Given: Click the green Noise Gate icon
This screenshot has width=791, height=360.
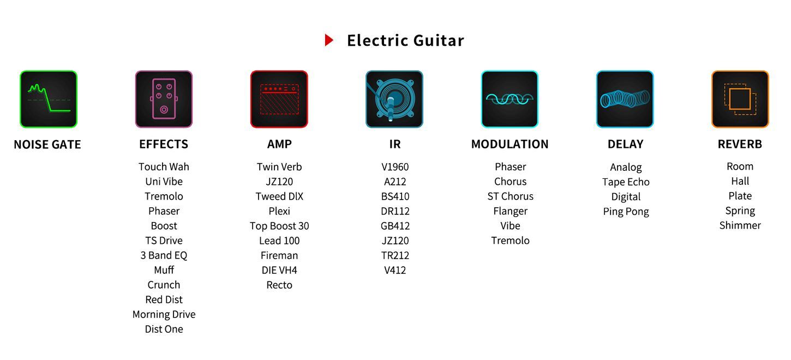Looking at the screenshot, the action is click(49, 99).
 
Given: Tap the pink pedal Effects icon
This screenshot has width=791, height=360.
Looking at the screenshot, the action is click(164, 99).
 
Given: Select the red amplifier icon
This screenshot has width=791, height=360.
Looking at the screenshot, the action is click(279, 99).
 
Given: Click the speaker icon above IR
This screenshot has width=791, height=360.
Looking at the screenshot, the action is click(394, 99).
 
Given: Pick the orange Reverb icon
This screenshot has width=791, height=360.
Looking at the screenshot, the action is click(740, 99).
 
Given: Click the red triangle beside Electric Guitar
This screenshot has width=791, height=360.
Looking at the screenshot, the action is click(329, 40).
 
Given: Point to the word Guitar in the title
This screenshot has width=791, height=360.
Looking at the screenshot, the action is click(439, 40).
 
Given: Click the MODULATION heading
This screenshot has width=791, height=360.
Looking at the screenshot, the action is click(510, 144).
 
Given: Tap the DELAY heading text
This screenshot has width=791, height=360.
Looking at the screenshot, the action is click(625, 144).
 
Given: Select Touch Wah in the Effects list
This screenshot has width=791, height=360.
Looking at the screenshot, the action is click(164, 166).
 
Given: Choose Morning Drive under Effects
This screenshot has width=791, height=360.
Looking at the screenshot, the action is click(164, 314).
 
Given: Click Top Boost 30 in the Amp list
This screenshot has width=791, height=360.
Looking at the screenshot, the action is click(279, 226).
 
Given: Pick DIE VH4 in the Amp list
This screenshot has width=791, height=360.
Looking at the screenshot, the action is click(279, 270).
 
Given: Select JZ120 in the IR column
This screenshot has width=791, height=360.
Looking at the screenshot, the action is click(395, 241).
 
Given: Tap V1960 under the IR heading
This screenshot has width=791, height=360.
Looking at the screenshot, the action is click(395, 166).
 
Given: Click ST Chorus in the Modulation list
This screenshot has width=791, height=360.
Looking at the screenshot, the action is click(510, 196).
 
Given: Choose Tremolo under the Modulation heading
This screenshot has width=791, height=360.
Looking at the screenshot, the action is click(510, 241).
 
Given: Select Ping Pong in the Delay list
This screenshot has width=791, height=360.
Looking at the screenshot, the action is click(626, 212).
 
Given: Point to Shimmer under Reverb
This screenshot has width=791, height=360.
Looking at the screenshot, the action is click(740, 225).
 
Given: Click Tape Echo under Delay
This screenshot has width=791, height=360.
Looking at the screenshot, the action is click(626, 182).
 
